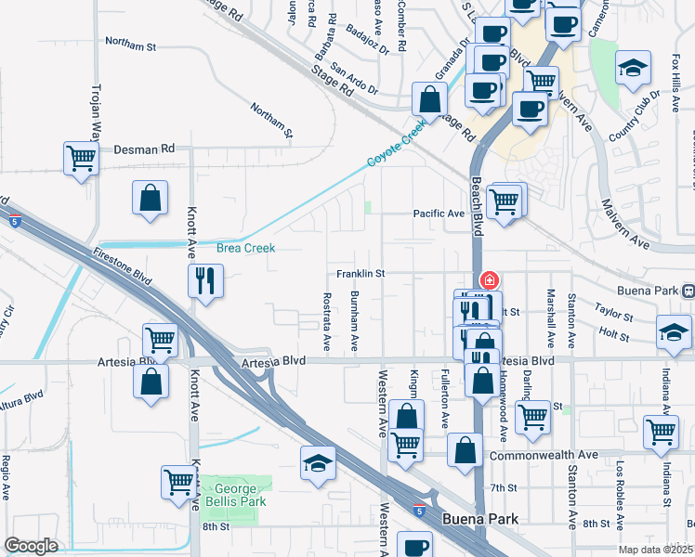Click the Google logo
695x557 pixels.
coord(31,546)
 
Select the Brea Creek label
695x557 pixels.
coord(245,249)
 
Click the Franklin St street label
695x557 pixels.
coord(361,274)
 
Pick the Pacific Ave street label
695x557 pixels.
coord(439,214)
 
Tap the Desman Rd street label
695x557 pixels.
coord(144,149)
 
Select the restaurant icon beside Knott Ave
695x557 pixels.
coord(205,279)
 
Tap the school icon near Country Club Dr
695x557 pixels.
coord(633,69)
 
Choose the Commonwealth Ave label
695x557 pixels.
coord(543,456)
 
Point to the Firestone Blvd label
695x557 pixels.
coord(123,264)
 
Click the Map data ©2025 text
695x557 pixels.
coord(654,550)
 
